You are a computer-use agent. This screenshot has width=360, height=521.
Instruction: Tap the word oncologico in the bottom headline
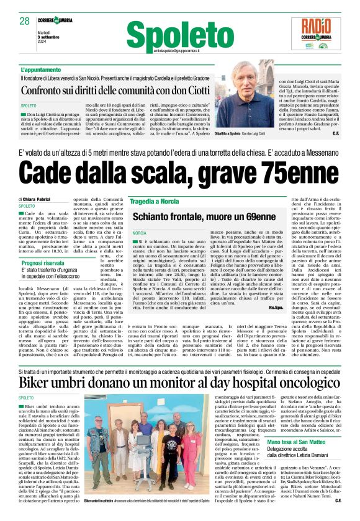click(295, 382)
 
